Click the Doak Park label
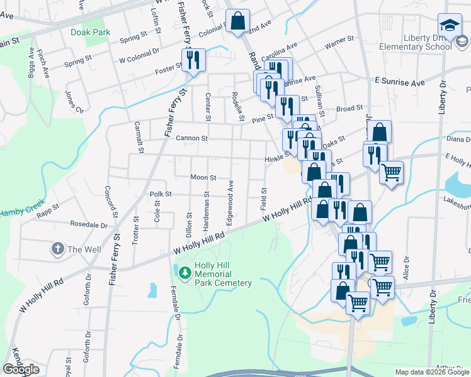click(x=91, y=31)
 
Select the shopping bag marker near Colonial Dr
click(x=238, y=21)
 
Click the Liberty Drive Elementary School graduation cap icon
click(x=450, y=25)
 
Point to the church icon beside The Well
click(x=57, y=249)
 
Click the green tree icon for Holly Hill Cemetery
click(x=185, y=272)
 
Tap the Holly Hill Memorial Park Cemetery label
click(x=223, y=274)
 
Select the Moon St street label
click(x=203, y=178)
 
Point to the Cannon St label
click(x=174, y=138)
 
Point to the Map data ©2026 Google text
click(x=432, y=372)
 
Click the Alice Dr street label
click(x=406, y=267)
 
